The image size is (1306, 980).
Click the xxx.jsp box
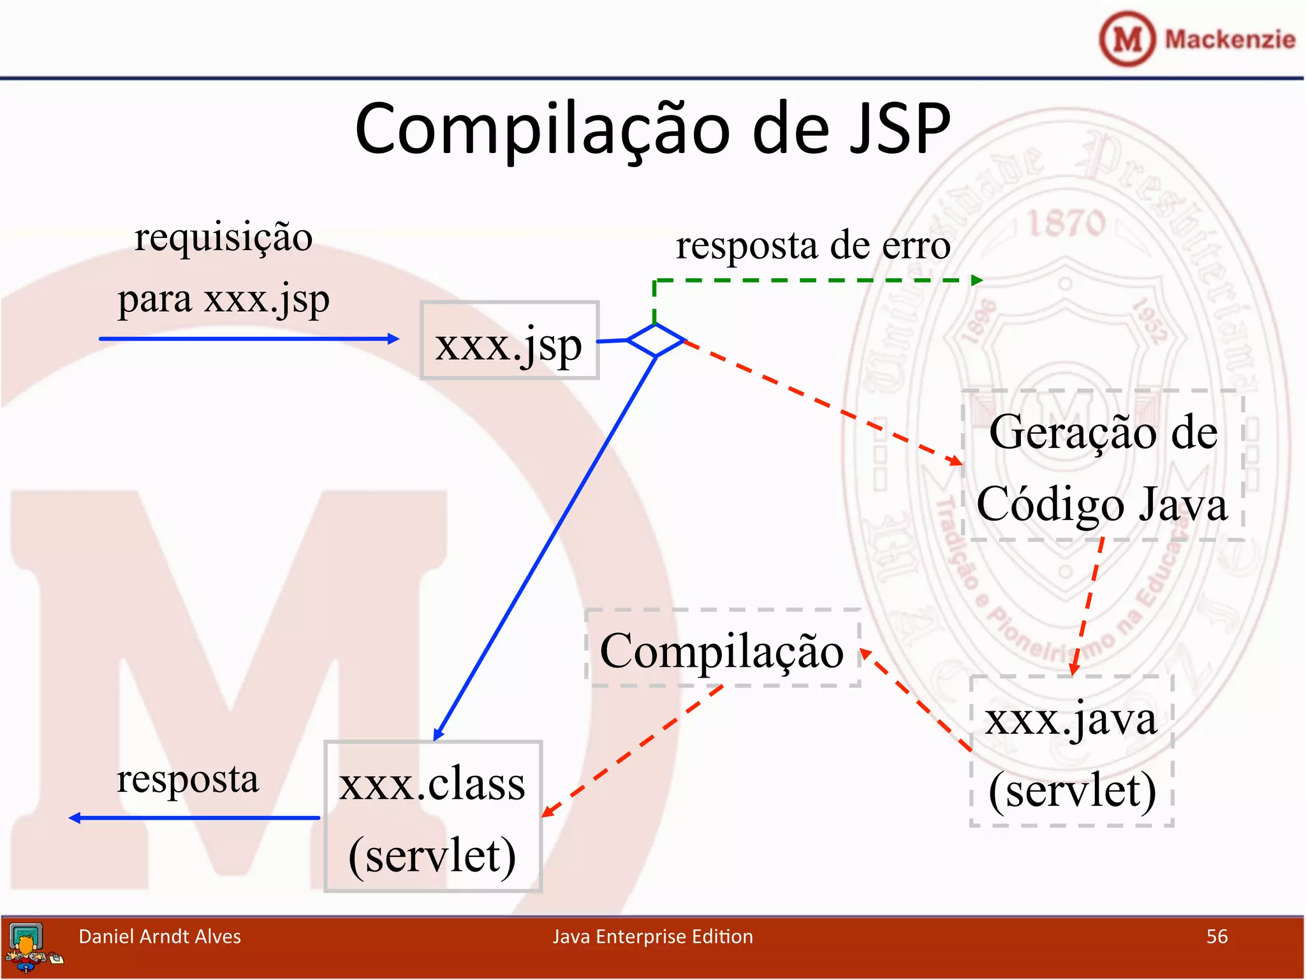[509, 341]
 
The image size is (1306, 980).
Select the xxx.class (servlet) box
[433, 816]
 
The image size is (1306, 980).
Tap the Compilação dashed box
[723, 648]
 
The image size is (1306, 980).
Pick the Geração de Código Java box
[1103, 466]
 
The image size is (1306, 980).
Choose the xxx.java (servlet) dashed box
[1071, 751]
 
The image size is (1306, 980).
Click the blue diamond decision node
[656, 339]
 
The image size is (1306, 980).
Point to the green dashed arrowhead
[976, 280]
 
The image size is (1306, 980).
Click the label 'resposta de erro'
[813, 245]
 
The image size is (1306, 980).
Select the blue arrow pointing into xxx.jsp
[249, 339]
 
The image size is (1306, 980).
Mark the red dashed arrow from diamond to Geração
[823, 402]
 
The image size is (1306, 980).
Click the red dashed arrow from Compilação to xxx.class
[631, 752]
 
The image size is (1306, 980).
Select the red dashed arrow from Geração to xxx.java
[1088, 606]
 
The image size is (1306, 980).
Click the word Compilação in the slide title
[542, 130]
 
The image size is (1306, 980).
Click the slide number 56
[1217, 936]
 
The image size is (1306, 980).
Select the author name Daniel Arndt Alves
[159, 936]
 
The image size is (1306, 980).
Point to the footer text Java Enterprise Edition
[652, 936]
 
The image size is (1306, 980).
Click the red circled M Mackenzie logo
[1127, 38]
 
